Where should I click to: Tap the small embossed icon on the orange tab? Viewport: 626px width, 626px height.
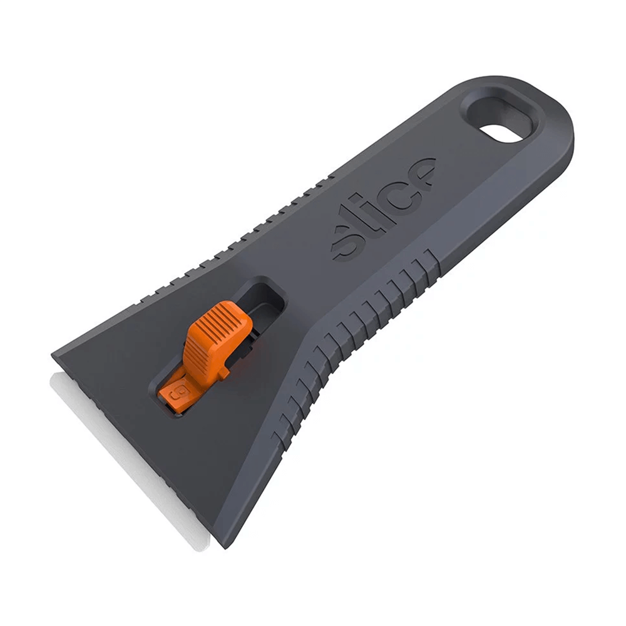tap(176, 396)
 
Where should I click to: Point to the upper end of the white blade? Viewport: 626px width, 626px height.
tap(54, 374)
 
